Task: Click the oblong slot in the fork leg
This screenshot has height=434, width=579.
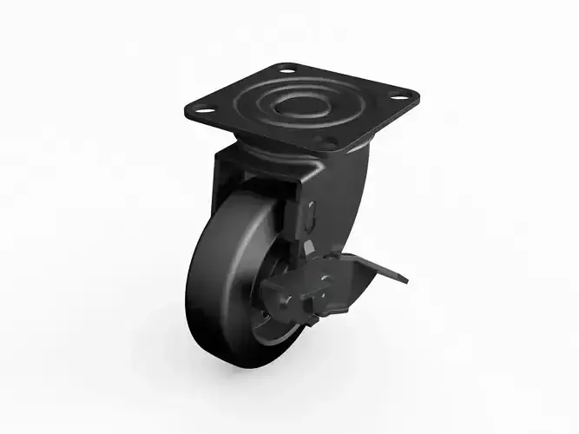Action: (x=312, y=214)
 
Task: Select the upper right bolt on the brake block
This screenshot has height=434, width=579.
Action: (x=326, y=279)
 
